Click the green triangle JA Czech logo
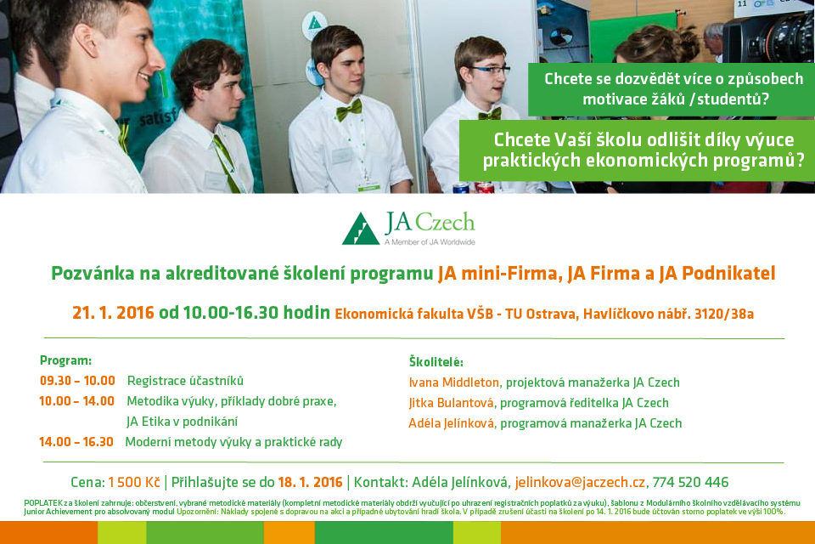(361, 229)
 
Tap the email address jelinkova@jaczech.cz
(580, 483)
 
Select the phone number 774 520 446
(690, 483)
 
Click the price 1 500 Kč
(134, 483)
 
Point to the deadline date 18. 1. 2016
(311, 483)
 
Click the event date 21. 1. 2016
(113, 313)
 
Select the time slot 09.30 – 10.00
(77, 381)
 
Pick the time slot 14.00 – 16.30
(76, 442)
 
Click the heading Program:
(65, 360)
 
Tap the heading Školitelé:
(436, 362)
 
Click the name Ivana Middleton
(453, 382)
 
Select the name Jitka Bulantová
(451, 403)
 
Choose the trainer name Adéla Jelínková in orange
(451, 423)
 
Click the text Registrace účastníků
(185, 381)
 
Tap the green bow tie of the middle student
(349, 110)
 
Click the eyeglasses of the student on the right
(490, 70)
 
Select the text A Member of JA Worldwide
(430, 242)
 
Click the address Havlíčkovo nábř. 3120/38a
(668, 314)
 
